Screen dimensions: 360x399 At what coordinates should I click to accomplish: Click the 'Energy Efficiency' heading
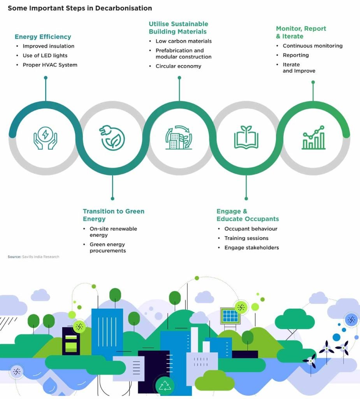43,37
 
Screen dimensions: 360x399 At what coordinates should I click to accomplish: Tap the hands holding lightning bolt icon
46,138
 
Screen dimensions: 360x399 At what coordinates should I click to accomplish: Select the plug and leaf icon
112,138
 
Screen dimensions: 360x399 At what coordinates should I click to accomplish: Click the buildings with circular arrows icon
179,138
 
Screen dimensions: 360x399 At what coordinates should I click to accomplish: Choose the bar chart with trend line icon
313,138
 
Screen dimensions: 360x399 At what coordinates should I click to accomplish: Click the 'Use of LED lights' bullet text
45,55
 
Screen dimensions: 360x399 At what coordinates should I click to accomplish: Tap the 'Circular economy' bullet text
179,66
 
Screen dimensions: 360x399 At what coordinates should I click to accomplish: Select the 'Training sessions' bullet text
246,238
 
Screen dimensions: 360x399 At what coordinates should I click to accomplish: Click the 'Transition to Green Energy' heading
113,215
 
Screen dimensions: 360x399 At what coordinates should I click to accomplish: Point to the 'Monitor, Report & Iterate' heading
301,32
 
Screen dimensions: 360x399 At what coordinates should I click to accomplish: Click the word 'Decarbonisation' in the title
123,8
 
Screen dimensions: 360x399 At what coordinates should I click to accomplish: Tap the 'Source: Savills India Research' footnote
33,257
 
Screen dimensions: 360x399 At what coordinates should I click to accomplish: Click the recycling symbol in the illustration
165,386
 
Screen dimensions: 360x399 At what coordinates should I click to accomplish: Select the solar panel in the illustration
230,316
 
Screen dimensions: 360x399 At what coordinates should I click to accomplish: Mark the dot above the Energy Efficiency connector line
46,78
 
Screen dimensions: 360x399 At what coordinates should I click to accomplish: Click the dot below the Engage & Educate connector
246,198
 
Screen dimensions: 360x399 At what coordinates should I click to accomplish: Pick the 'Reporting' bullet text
296,55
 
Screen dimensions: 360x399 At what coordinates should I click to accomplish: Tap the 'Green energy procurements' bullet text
107,247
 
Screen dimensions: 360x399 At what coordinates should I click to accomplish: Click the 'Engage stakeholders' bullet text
251,247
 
